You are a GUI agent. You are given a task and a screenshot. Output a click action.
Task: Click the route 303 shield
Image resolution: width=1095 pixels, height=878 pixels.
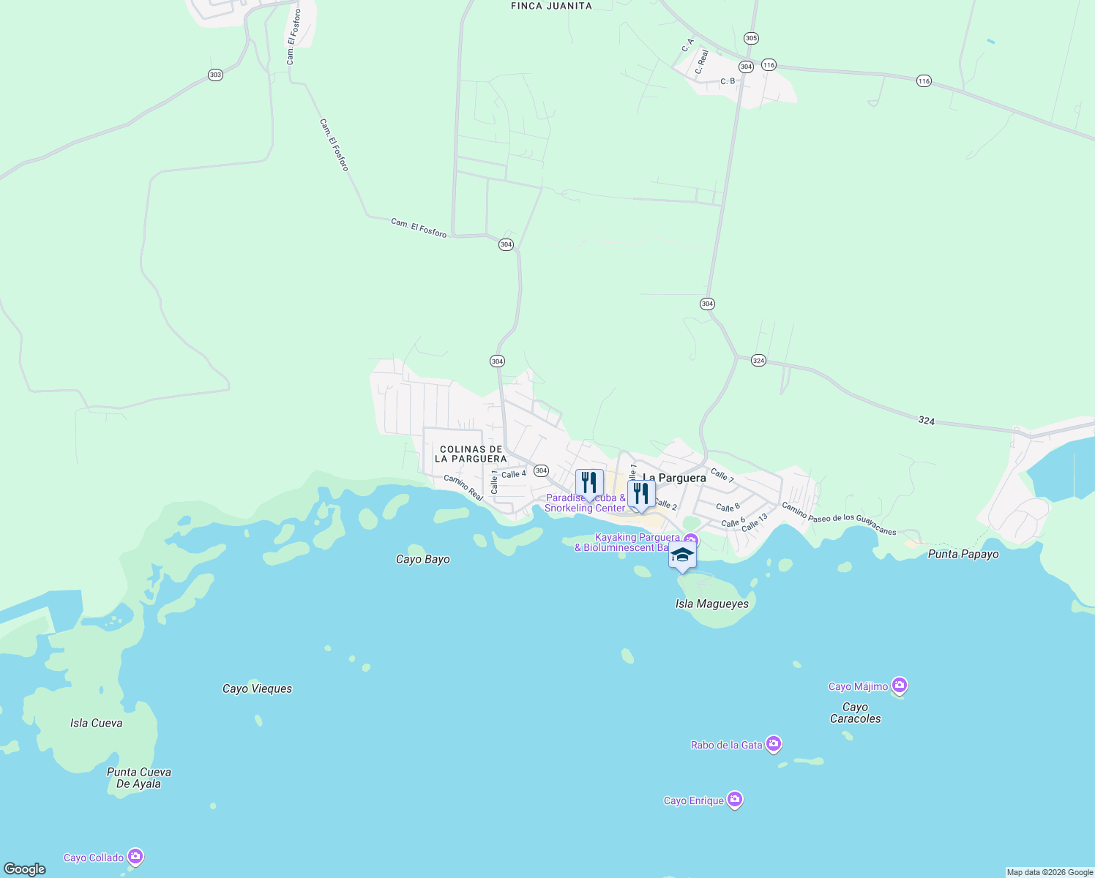(215, 75)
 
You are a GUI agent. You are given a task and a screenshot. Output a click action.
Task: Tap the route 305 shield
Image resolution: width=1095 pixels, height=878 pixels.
(751, 38)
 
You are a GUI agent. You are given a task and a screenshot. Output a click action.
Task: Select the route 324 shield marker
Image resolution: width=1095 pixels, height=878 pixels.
(758, 361)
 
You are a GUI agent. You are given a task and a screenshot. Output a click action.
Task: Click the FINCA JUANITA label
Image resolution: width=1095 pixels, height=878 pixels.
(551, 6)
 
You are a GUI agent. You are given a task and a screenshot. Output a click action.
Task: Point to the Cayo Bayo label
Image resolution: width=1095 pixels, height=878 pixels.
(423, 560)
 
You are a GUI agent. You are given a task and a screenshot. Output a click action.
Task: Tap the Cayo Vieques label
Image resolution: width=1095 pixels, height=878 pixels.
(257, 688)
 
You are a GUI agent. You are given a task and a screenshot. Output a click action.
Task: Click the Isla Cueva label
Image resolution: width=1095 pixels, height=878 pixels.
(96, 723)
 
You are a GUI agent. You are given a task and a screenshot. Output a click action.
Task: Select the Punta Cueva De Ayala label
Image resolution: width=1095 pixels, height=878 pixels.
(139, 778)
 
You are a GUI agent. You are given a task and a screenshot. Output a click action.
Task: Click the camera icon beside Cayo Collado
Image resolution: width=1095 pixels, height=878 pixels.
(135, 857)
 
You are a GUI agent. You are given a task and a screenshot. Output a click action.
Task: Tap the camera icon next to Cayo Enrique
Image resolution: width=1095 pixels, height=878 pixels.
(735, 800)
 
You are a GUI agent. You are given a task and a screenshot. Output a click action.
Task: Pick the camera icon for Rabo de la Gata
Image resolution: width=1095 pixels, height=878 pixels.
(774, 744)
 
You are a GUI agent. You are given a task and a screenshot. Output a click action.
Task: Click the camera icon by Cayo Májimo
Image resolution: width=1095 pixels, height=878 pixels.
(900, 686)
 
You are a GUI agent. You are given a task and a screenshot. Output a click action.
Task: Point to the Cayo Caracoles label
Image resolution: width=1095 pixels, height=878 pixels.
(855, 713)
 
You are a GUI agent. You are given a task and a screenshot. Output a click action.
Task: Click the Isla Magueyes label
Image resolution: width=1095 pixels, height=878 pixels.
(712, 604)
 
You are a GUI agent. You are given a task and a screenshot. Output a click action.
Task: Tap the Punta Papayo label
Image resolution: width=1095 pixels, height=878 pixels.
(963, 554)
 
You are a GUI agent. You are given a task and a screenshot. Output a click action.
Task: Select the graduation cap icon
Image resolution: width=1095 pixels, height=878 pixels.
(682, 555)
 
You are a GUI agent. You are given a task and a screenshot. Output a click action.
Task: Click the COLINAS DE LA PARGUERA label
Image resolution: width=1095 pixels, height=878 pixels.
(471, 454)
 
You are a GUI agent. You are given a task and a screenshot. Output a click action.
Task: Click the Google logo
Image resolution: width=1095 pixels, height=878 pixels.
(25, 868)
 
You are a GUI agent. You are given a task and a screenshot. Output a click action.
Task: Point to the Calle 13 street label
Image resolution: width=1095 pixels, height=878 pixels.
(755, 522)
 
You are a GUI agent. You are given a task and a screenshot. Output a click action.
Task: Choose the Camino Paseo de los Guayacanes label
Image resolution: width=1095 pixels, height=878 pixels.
(839, 519)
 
